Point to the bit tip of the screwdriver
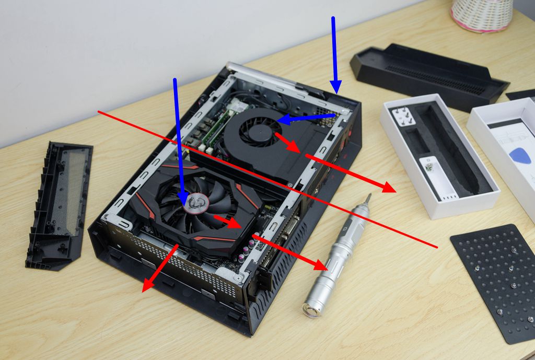pos(369,197)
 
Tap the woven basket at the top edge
pos(482,15)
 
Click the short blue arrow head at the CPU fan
pos(282,120)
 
